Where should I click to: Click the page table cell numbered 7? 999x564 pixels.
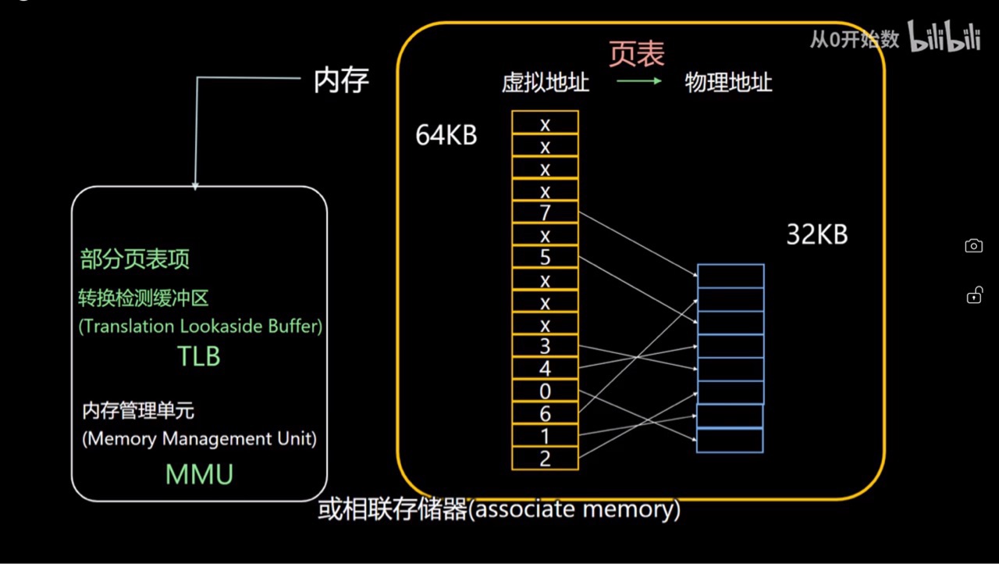click(545, 212)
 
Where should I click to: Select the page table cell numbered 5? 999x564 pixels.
click(545, 257)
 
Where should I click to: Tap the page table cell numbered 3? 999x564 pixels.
click(545, 346)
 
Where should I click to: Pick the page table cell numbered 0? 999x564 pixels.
click(545, 391)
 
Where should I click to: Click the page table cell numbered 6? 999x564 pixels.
click(545, 413)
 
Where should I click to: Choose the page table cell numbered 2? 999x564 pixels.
click(545, 458)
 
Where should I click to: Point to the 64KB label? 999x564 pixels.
click(446, 135)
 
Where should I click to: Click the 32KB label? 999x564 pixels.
click(816, 235)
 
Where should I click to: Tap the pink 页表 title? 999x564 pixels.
click(636, 54)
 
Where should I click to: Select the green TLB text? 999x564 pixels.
click(199, 356)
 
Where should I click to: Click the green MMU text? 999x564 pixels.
click(199, 474)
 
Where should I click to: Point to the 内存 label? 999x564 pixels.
click(341, 80)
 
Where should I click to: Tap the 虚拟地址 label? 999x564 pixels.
click(546, 82)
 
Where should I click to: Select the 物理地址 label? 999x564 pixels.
click(728, 82)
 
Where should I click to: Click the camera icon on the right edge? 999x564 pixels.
click(973, 246)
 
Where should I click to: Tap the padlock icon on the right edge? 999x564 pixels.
click(973, 295)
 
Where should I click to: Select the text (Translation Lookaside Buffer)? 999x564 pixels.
click(201, 327)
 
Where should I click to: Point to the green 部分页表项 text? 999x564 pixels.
click(134, 259)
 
